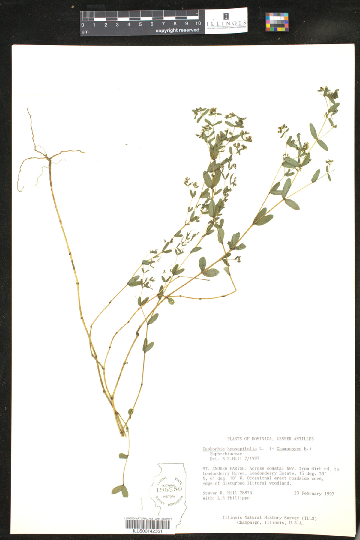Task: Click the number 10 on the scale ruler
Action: (198, 24)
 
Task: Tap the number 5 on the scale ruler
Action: (140, 25)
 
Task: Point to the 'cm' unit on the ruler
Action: (85, 31)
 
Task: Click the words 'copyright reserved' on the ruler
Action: (177, 30)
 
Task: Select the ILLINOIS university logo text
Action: (226, 23)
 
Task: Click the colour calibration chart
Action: (277, 22)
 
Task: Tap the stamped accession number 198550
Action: (169, 489)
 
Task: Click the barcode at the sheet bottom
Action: (148, 524)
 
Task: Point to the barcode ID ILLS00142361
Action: (148, 531)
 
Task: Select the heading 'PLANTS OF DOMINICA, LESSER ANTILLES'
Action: (270, 439)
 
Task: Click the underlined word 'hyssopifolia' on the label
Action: (242, 449)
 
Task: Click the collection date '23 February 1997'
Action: (314, 493)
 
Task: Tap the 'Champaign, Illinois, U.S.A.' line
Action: (270, 523)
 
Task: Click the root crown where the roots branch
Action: (48, 157)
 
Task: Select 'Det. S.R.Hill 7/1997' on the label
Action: (234, 459)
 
